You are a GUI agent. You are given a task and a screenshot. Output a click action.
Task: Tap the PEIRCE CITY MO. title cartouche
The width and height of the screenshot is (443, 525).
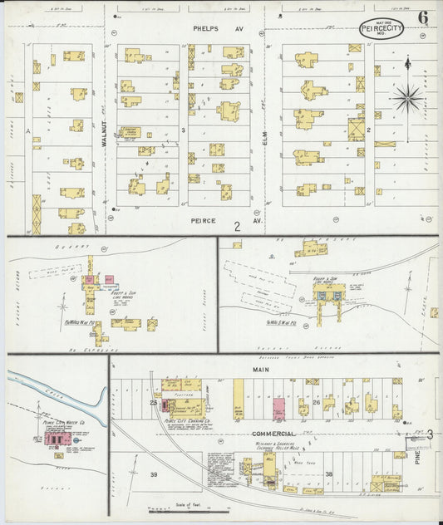coord(381,28)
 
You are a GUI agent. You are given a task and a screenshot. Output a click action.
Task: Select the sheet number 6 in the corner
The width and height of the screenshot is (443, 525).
coord(423,17)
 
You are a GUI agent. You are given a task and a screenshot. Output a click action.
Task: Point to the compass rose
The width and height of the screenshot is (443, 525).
coord(407,98)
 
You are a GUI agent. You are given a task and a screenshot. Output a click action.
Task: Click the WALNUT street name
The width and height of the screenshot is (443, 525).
coord(105,133)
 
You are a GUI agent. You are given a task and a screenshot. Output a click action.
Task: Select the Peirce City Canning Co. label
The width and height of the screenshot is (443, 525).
coord(185,420)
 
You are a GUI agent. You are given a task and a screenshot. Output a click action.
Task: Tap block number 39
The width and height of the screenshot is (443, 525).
coord(153,474)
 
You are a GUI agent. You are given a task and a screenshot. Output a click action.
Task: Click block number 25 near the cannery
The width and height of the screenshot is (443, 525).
coord(154,402)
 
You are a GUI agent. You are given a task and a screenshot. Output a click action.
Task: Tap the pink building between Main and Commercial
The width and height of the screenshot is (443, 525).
coord(279,408)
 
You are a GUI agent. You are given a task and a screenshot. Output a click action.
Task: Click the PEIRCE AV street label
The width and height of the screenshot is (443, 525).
coord(204,221)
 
